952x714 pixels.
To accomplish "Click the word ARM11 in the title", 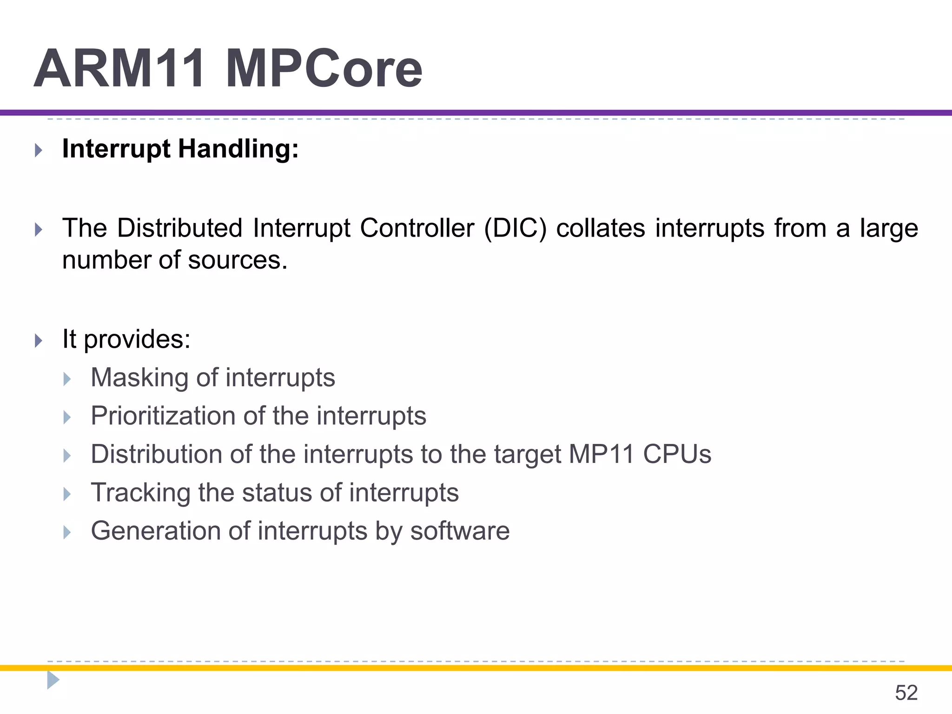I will [x=119, y=69].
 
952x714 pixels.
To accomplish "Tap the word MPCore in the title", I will [x=324, y=69].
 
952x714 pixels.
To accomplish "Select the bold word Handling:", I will [x=238, y=150].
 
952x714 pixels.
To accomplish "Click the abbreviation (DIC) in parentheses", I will [x=515, y=229].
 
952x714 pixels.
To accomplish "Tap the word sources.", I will [x=238, y=260].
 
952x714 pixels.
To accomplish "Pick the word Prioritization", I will [x=163, y=416].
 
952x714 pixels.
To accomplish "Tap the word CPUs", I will [x=677, y=454].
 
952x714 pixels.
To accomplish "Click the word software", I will [x=460, y=531].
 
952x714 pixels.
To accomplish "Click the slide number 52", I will [x=906, y=693].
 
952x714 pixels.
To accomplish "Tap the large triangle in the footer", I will [x=53, y=680].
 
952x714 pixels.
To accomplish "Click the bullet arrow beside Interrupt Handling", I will [x=39, y=150].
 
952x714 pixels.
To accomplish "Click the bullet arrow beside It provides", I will [x=39, y=341].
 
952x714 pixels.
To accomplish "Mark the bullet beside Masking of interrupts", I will [x=67, y=379].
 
